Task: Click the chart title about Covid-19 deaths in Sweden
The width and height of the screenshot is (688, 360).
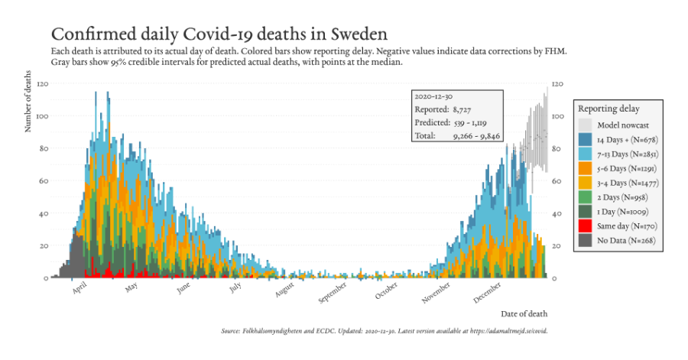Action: tap(219, 34)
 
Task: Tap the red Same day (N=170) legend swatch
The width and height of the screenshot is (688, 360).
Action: tap(585, 226)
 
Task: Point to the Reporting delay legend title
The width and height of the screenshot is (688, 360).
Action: tap(608, 109)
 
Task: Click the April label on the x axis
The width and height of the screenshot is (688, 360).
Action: tap(80, 289)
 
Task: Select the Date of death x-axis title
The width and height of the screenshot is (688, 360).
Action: tap(524, 313)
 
